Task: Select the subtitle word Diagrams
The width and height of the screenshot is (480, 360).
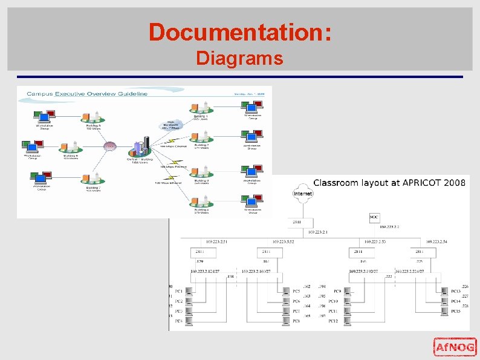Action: [239, 59]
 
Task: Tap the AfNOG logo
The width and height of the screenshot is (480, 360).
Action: [455, 347]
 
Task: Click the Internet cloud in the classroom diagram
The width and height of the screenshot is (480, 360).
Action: [303, 194]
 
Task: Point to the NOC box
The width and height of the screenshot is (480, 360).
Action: [375, 217]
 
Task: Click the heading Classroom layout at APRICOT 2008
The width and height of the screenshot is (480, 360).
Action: [389, 183]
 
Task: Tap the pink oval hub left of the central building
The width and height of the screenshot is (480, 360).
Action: [109, 146]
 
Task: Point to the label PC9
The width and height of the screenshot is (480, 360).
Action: [337, 292]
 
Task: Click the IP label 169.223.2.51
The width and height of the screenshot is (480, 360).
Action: [217, 241]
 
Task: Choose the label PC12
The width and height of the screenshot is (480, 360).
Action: [334, 321]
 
